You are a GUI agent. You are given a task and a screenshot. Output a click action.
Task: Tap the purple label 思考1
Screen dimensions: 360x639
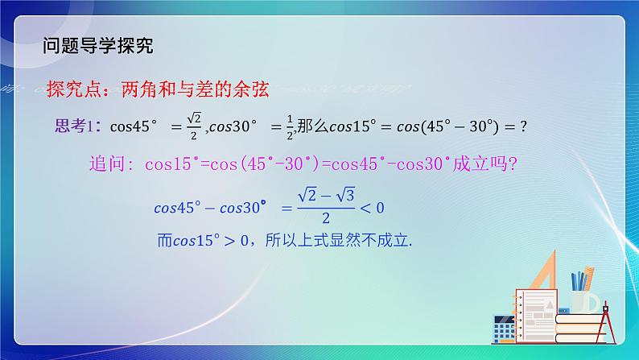point(74,126)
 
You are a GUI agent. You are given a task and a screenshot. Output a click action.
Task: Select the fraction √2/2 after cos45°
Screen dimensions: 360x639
point(193,126)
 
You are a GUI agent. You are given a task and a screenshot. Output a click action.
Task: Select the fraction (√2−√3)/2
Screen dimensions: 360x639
point(325,208)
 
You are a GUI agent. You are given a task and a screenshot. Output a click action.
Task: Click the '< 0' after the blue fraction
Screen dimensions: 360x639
point(372,208)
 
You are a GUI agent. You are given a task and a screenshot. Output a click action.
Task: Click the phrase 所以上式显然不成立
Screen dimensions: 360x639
point(347,239)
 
